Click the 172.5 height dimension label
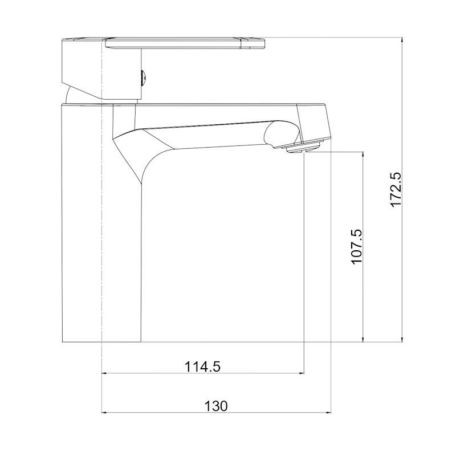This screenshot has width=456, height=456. click(x=396, y=189)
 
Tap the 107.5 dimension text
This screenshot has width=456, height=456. click(x=357, y=246)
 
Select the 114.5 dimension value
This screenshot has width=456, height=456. click(x=203, y=367)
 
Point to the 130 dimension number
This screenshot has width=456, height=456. click(x=216, y=406)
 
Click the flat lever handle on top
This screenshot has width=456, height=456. click(x=185, y=43)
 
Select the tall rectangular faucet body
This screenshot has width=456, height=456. click(x=102, y=222)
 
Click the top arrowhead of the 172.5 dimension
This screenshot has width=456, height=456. click(x=402, y=40)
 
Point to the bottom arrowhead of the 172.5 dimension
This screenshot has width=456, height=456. click(x=402, y=339)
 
